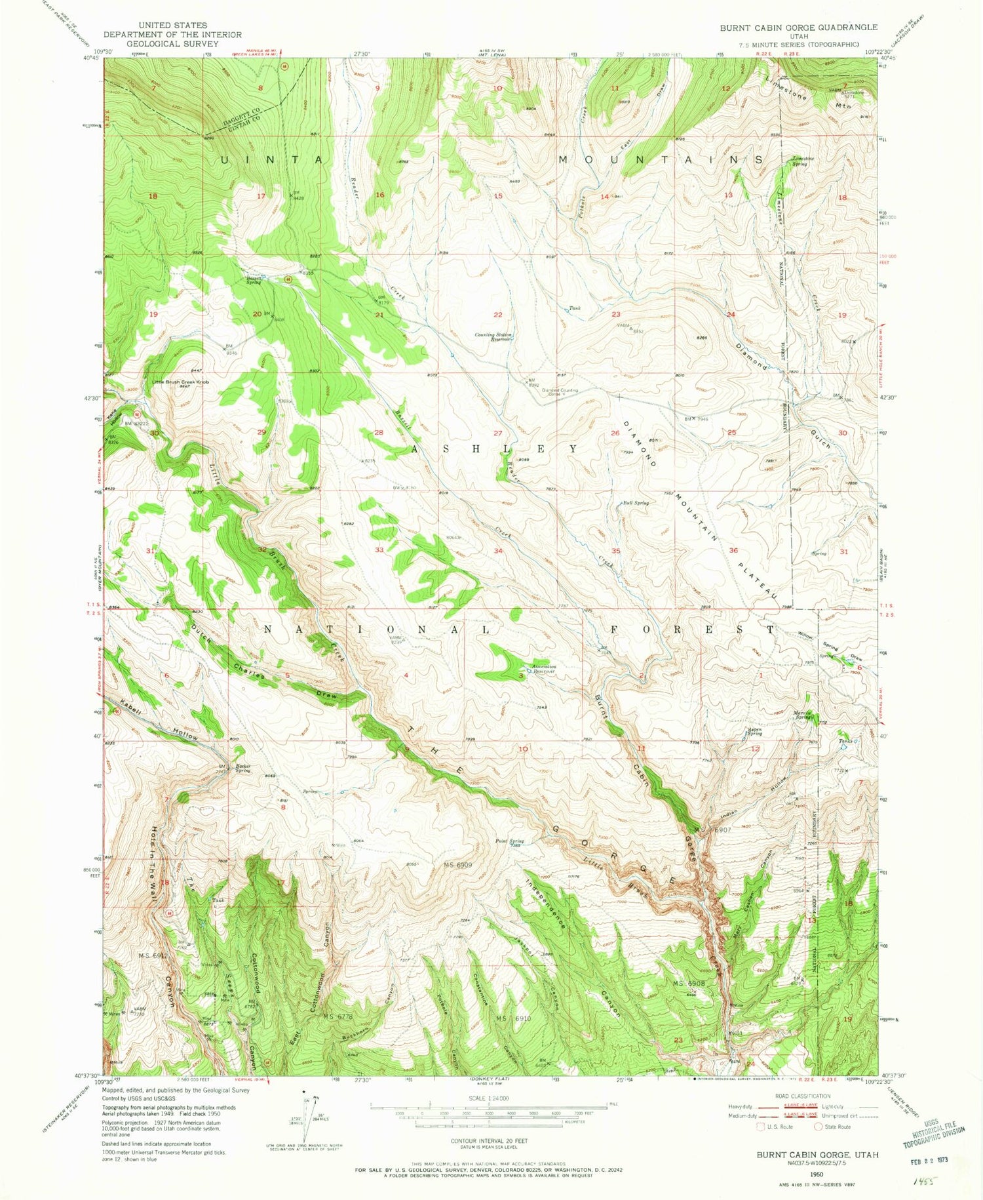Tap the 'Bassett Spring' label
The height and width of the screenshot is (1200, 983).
coord(254,279)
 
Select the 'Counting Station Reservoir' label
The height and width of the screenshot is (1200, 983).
coord(493,337)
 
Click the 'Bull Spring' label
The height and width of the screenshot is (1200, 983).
coord(635,503)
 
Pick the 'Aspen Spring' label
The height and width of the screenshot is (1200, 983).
coord(756,732)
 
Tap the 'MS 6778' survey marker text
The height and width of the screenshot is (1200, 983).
coord(338,1016)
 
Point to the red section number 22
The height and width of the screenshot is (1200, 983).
coord(498,315)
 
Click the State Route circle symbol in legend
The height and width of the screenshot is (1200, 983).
coord(819,1127)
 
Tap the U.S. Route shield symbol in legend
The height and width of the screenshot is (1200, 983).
coord(760,1127)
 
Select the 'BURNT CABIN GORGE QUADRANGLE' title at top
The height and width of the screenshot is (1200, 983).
coord(798,28)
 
